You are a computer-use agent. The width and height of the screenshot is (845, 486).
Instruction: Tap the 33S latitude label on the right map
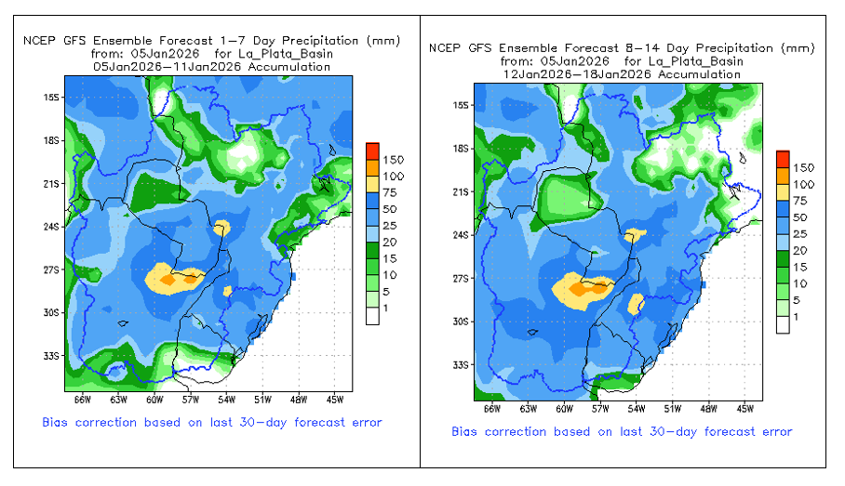coord(462,365)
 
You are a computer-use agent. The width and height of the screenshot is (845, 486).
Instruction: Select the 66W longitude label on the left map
coord(82,401)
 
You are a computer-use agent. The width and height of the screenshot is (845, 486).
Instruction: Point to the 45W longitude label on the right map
coord(744,408)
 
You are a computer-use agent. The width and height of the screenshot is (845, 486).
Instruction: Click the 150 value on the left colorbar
coord(393,160)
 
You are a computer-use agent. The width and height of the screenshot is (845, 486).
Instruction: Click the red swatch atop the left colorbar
coord(371,151)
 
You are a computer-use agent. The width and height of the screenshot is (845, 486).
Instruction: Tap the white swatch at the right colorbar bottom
coord(783,324)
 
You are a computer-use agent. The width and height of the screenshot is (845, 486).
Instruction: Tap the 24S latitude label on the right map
coord(462,235)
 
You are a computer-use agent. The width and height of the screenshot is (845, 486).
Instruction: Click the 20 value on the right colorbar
coord(799,251)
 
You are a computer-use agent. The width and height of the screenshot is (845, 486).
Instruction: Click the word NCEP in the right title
coord(446,47)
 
